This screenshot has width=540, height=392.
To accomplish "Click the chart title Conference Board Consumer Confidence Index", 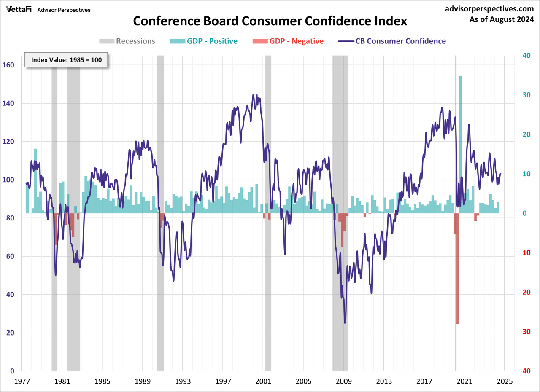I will click(x=270, y=21).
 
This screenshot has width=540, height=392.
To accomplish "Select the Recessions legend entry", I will click(x=127, y=41).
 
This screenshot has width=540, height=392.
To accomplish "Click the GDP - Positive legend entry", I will click(x=204, y=41).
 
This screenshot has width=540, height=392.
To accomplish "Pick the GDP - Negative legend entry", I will click(x=288, y=41).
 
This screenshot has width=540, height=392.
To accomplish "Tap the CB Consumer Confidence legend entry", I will click(x=392, y=41).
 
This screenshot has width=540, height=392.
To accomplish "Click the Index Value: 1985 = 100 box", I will click(x=66, y=60).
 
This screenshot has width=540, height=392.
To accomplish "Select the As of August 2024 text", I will click(x=502, y=19).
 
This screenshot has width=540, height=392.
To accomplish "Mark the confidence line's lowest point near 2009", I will click(x=345, y=323).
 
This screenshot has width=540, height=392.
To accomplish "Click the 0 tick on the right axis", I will click(x=525, y=213).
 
